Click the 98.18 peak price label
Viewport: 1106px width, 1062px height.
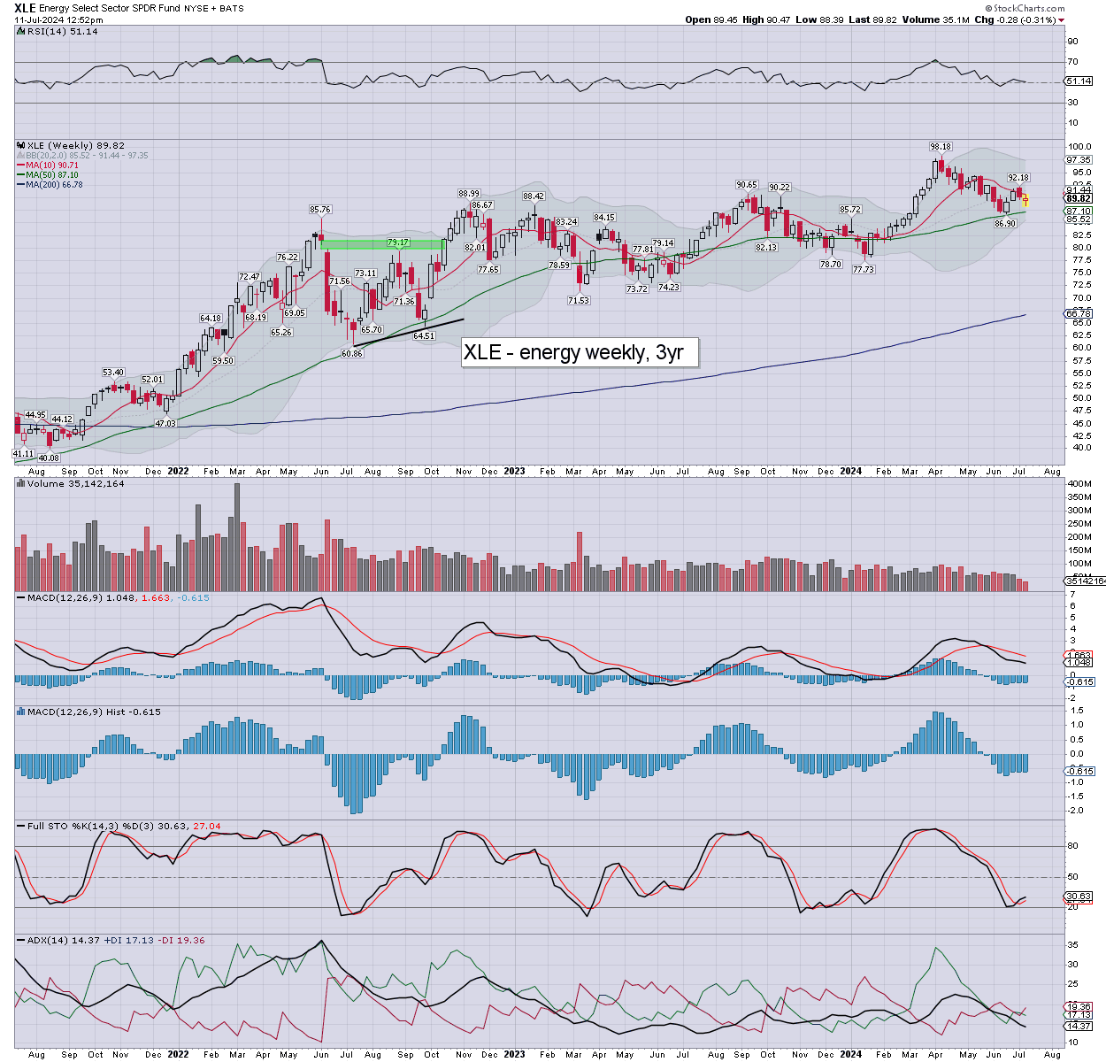point(940,147)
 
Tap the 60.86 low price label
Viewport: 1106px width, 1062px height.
point(352,353)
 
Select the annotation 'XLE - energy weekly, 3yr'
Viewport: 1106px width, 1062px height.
point(573,352)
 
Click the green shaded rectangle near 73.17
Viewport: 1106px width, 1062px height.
point(382,244)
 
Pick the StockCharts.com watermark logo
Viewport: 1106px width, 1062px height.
point(1026,8)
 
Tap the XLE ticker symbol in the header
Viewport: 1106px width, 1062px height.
point(25,8)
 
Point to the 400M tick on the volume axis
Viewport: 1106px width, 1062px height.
point(1079,484)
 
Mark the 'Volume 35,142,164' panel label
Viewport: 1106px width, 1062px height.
point(75,484)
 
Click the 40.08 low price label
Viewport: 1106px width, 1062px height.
point(48,458)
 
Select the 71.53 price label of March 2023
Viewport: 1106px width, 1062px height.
point(578,301)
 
